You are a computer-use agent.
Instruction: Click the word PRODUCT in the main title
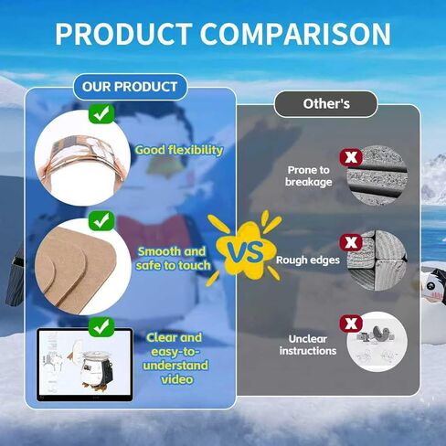pyautogui.click(x=123, y=34)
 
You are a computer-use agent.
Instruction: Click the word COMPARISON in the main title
pyautogui.click(x=295, y=34)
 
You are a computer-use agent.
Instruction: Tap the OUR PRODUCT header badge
pyautogui.click(x=130, y=87)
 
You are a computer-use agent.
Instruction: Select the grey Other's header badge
pyautogui.click(x=326, y=104)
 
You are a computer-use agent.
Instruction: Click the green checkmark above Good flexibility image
pyautogui.click(x=101, y=113)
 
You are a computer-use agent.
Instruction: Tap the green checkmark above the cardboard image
pyautogui.click(x=101, y=220)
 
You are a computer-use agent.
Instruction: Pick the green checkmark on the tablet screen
pyautogui.click(x=101, y=327)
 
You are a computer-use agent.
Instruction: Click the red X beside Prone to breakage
pyautogui.click(x=351, y=157)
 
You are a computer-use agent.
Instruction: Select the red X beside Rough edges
pyautogui.click(x=351, y=243)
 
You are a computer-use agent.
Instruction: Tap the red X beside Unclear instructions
pyautogui.click(x=351, y=324)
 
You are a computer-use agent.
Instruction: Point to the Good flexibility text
pyautogui.click(x=179, y=151)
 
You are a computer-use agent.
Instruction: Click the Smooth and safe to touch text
pyautogui.click(x=173, y=259)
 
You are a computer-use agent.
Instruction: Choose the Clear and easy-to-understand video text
pyautogui.click(x=175, y=358)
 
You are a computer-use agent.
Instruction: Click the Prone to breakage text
pyautogui.click(x=308, y=175)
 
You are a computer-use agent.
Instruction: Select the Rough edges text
pyautogui.click(x=308, y=260)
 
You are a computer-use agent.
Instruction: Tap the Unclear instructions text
pyautogui.click(x=308, y=345)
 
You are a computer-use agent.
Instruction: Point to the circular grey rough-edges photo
pyautogui.click(x=377, y=260)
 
